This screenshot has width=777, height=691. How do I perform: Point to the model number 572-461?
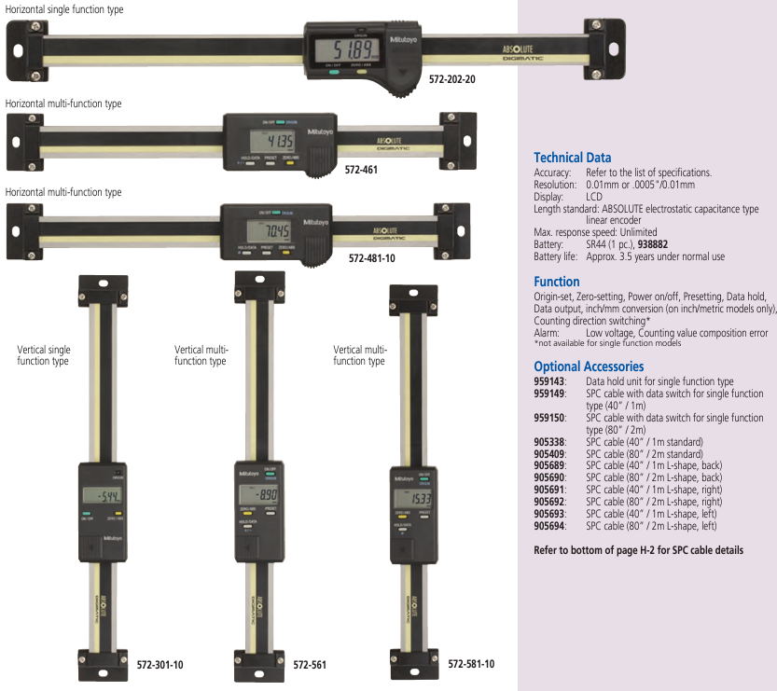(x=362, y=172)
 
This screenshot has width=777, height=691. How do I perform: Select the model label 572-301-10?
(x=154, y=665)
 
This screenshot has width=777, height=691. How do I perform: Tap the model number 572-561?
(x=309, y=666)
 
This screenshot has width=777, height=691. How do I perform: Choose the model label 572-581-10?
(x=471, y=664)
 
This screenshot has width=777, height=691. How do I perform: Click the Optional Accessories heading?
(x=588, y=366)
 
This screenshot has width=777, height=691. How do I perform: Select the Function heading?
(x=556, y=282)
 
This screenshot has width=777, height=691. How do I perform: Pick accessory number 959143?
(x=548, y=381)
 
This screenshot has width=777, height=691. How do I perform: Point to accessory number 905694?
(x=548, y=526)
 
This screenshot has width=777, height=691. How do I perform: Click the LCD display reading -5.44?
(x=97, y=495)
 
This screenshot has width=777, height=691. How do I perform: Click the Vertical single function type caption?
(x=44, y=355)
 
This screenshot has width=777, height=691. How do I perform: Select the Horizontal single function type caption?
(x=63, y=8)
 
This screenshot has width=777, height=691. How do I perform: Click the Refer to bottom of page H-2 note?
(x=638, y=550)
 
